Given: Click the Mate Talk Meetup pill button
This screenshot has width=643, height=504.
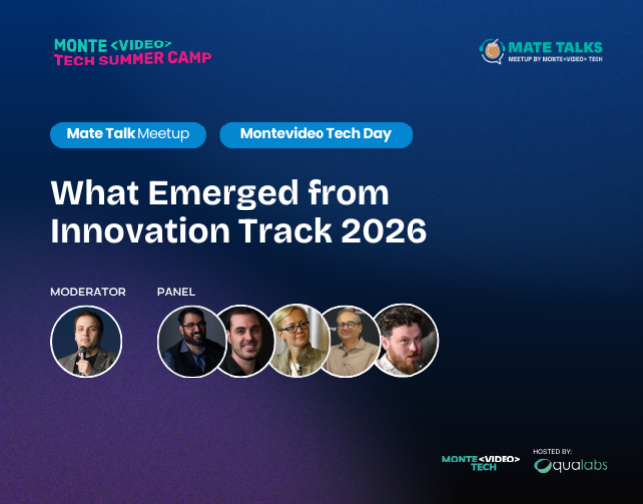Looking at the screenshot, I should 128,134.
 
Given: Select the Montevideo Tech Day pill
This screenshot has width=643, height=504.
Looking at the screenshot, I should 316,134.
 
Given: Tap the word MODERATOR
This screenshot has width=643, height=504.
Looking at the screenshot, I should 88,292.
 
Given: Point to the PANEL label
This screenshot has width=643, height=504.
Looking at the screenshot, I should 176,292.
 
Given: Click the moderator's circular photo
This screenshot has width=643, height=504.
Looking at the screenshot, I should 86,341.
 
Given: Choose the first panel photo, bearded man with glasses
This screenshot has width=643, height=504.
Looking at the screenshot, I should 190,341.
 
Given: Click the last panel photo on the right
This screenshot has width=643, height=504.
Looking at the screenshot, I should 405,340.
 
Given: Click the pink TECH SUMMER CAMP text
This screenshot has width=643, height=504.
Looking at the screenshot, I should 133,58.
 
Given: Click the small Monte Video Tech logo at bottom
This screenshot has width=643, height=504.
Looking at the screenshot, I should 481,462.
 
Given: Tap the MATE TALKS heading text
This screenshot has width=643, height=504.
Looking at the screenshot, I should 555,46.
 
